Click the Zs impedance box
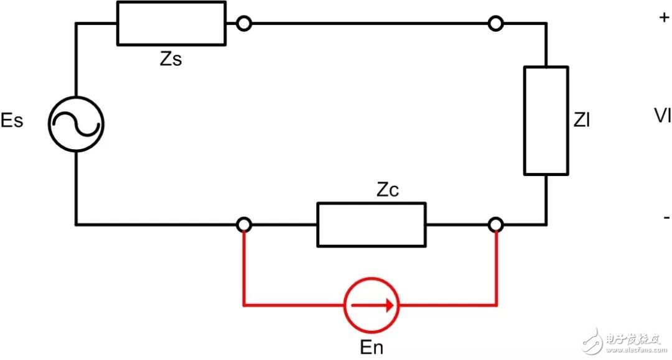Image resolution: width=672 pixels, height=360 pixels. coord(171,23)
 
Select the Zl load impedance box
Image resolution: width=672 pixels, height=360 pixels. coord(546,120)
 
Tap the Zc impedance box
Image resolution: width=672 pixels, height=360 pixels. coord(371,224)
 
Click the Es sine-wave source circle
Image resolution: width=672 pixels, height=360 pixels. coord(76,124)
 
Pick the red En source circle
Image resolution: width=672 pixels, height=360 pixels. coord(371,305)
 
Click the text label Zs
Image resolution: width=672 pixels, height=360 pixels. coord(171,60)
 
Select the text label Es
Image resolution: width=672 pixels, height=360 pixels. coord(12,121)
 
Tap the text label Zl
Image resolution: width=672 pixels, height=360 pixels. coord(582,121)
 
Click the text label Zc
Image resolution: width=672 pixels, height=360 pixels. coord(386,191)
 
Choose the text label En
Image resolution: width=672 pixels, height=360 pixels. coord(371,347)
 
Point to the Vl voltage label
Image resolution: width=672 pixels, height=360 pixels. coord(662,115)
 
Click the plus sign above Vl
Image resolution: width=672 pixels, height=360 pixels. coord(663,18)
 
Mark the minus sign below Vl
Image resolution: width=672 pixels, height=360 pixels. coord(666,218)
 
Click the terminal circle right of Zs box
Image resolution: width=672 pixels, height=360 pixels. coord(244,24)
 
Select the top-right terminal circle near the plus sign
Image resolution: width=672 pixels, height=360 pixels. coord(495,24)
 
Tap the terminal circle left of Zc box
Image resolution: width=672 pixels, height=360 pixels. coord(244,224)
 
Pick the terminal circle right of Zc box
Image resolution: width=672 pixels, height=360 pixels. coord(496,224)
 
